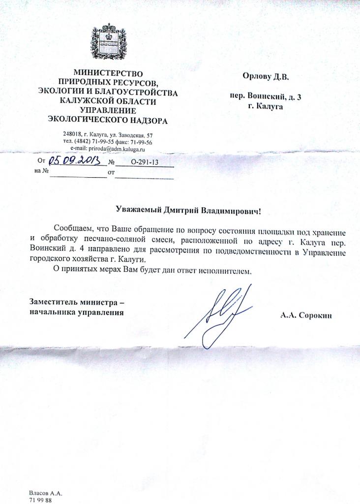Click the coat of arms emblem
(108, 41)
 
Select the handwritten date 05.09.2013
(74, 160)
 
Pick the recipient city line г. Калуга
(266, 106)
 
